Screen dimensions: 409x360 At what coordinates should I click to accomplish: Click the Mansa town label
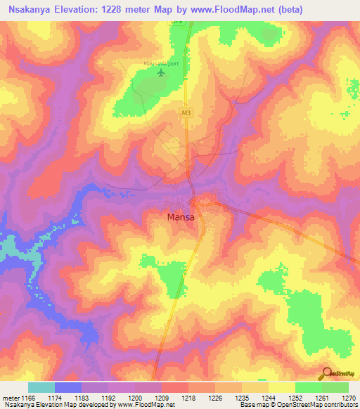181,217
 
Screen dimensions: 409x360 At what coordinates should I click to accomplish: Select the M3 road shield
186,112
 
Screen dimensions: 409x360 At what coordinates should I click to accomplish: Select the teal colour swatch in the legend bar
41,387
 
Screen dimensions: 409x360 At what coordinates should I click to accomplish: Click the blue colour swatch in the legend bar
68,387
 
